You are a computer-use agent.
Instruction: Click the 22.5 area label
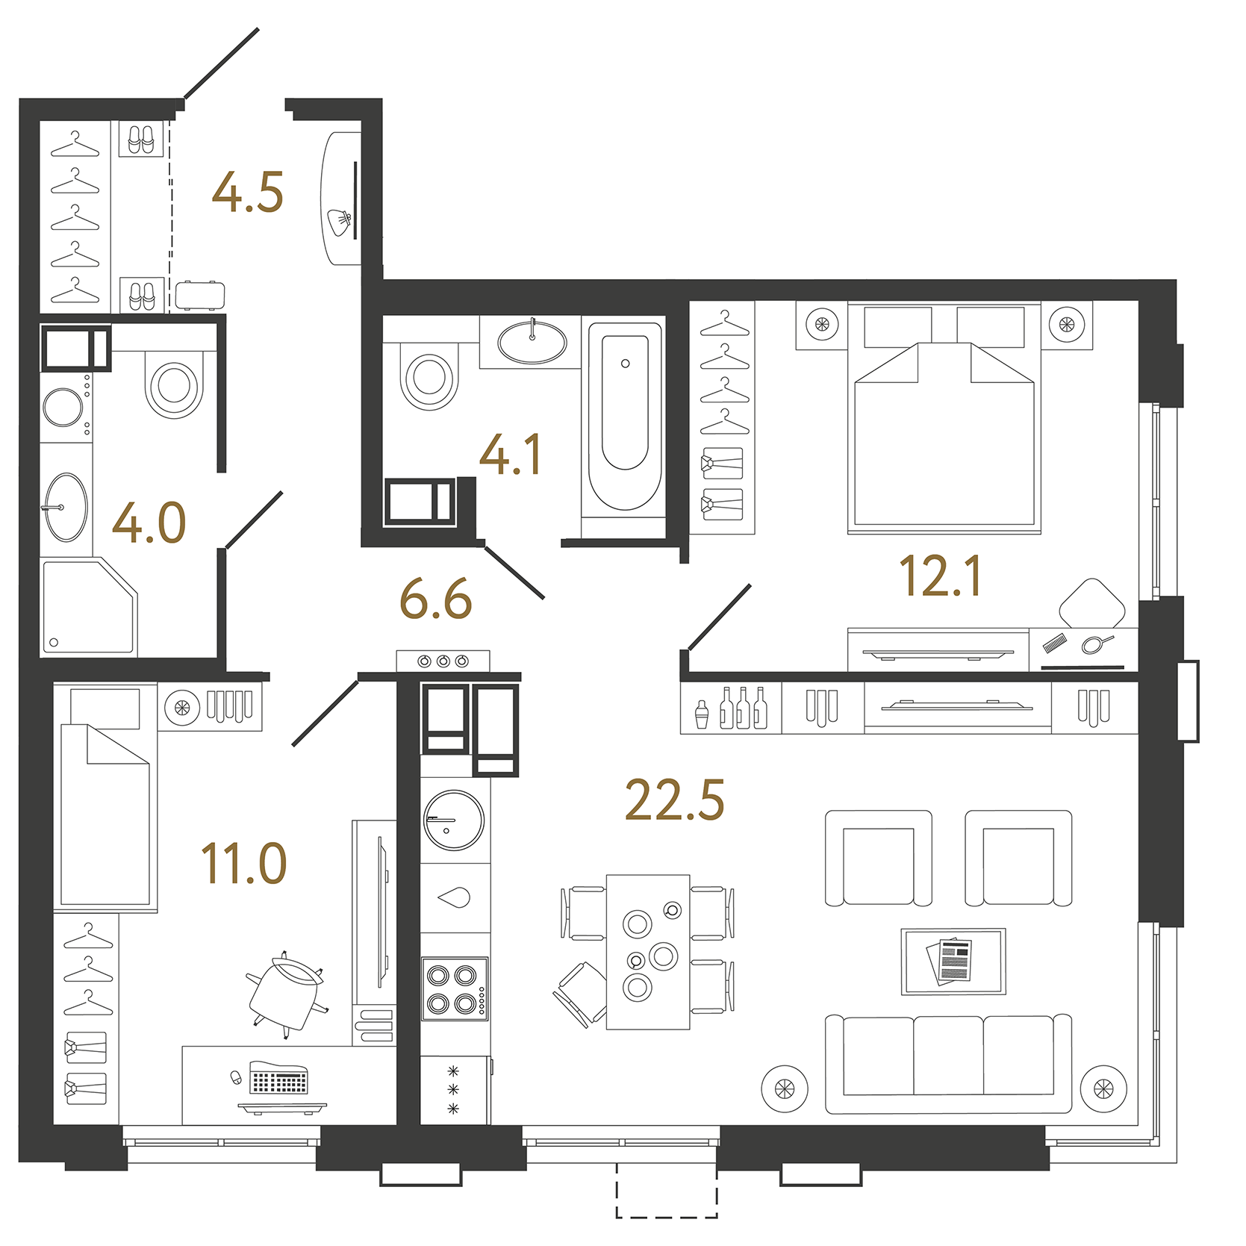click(x=674, y=800)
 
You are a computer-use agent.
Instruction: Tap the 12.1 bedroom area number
click(x=940, y=576)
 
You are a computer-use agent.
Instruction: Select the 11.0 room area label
click(x=244, y=864)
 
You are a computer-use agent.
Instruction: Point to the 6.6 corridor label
click(x=436, y=599)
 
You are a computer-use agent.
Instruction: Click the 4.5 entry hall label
click(x=248, y=193)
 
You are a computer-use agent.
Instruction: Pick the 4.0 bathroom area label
click(x=149, y=523)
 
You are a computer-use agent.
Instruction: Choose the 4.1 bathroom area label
click(x=511, y=455)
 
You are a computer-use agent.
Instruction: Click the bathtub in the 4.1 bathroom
click(x=625, y=418)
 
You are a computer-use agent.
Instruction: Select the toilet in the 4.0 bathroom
click(x=175, y=384)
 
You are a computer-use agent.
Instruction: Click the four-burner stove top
click(x=454, y=988)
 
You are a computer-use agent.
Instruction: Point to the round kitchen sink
click(x=454, y=820)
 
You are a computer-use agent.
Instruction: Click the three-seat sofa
click(x=948, y=1062)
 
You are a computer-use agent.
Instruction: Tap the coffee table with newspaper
click(x=953, y=962)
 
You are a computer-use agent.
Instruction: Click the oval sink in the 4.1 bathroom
click(x=532, y=343)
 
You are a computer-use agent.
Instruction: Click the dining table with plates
click(x=648, y=952)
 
